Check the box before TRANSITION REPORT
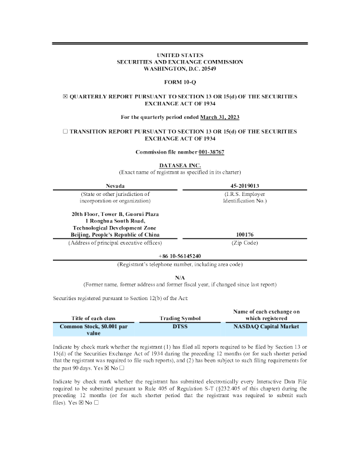(x=66, y=132)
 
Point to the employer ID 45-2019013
(x=245, y=185)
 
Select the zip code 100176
(x=245, y=234)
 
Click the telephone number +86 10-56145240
(x=180, y=257)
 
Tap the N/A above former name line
(x=180, y=277)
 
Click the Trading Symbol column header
(x=180, y=318)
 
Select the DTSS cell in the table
(x=180, y=326)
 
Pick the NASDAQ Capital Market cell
(x=266, y=326)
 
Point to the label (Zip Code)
(x=245, y=242)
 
